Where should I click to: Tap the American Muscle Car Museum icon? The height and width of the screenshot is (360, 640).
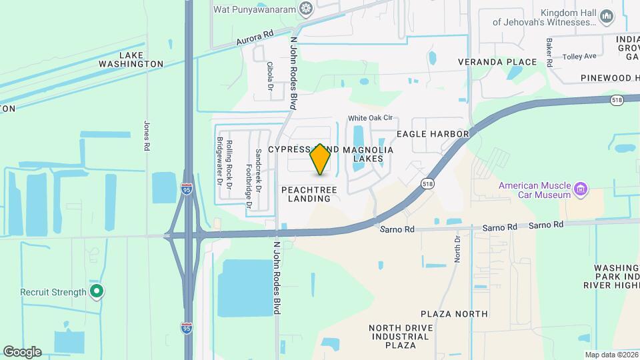(581, 190)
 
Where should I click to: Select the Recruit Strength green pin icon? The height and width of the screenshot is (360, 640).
(97, 291)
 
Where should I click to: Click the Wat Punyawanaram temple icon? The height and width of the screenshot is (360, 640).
(306, 9)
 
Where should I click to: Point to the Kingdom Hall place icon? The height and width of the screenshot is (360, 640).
(606, 16)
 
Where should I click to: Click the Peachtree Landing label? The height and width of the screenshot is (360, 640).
(309, 194)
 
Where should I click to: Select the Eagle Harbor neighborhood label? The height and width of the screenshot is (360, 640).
(433, 134)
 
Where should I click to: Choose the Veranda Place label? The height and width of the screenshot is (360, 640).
(497, 62)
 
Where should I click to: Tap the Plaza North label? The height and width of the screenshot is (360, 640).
(454, 313)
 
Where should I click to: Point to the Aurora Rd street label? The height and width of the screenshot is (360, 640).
(255, 37)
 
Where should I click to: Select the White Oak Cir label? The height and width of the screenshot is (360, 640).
(370, 118)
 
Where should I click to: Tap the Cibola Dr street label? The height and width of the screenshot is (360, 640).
(271, 77)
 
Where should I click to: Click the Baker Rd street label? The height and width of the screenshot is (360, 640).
(549, 52)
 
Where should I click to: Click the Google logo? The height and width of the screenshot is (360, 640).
(21, 351)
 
